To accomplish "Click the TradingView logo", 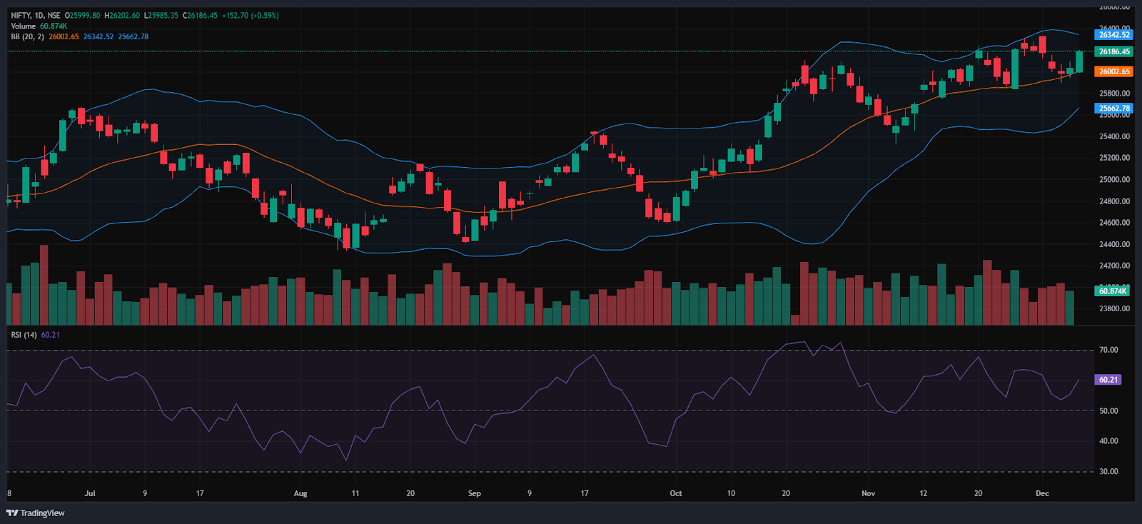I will [x=35, y=513].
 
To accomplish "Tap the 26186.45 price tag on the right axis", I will [x=1113, y=51].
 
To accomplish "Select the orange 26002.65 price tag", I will [x=1113, y=71].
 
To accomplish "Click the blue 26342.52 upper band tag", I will [x=1113, y=34].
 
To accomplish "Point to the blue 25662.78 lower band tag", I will [x=1113, y=109].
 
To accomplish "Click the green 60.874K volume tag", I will [x=1113, y=291].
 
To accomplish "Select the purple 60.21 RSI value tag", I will [x=1108, y=380].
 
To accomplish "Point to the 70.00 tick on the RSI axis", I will [x=1108, y=350].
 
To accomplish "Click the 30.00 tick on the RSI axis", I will [x=1108, y=471].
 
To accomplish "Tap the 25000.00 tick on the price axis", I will [x=1114, y=179].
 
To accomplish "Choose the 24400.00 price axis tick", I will [x=1114, y=244].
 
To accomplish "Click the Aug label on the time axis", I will [x=300, y=493].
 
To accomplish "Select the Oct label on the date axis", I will [x=676, y=493].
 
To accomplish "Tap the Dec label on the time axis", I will [x=1042, y=493].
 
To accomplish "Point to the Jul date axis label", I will [x=90, y=493].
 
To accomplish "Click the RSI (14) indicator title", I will [x=24, y=335].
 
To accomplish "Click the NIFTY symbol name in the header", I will [x=21, y=15].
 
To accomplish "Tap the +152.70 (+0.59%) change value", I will [x=250, y=15].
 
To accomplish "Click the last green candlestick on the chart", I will [x=1079, y=61].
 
